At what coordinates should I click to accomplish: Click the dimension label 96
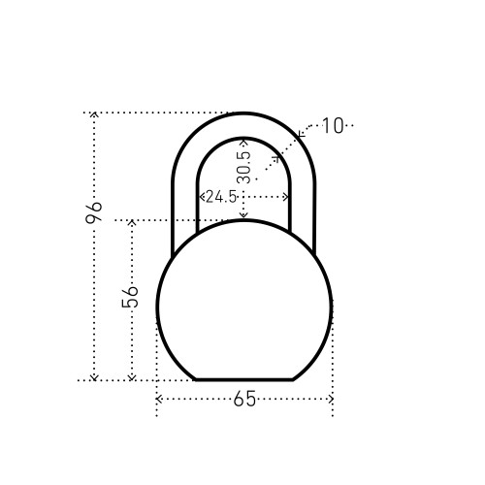pos(93,213)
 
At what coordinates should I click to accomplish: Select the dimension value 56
pos(130,297)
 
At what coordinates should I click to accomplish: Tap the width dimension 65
pos(244,399)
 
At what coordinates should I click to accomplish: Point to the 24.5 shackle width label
pos(221,197)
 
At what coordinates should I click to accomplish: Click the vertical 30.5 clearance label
pos(243,168)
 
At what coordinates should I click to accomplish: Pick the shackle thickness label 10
pos(333,126)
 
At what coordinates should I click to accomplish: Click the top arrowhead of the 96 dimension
pos(94,113)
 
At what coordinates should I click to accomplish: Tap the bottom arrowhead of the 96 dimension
pos(94,377)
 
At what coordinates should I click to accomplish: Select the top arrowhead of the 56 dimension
pos(132,222)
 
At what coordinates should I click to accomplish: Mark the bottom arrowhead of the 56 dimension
pos(132,377)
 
